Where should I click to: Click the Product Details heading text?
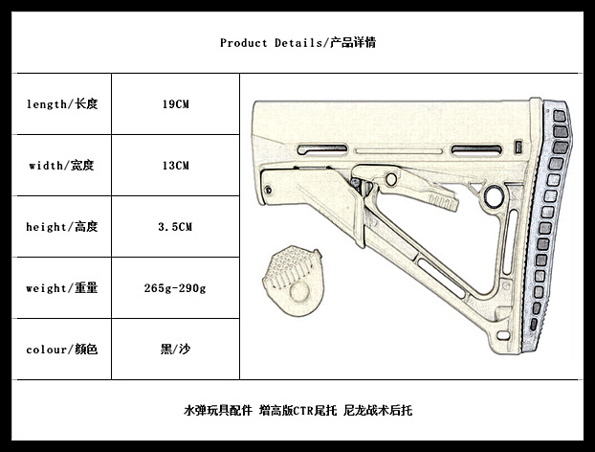297,43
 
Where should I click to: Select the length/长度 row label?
62,104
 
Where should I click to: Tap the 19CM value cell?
176,104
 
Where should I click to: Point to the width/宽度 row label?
61,166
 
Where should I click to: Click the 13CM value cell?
176,166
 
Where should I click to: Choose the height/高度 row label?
62,227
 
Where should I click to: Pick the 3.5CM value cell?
175,227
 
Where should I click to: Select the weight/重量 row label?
62,288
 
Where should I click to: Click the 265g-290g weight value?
175,288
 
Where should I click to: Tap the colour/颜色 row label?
62,350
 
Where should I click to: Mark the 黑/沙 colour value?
175,350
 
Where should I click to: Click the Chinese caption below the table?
297,410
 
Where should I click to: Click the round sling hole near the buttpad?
494,195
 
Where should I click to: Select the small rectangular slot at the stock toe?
503,335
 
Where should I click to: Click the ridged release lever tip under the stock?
443,201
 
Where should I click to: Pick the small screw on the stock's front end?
268,190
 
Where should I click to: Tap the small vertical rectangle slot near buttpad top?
518,147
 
